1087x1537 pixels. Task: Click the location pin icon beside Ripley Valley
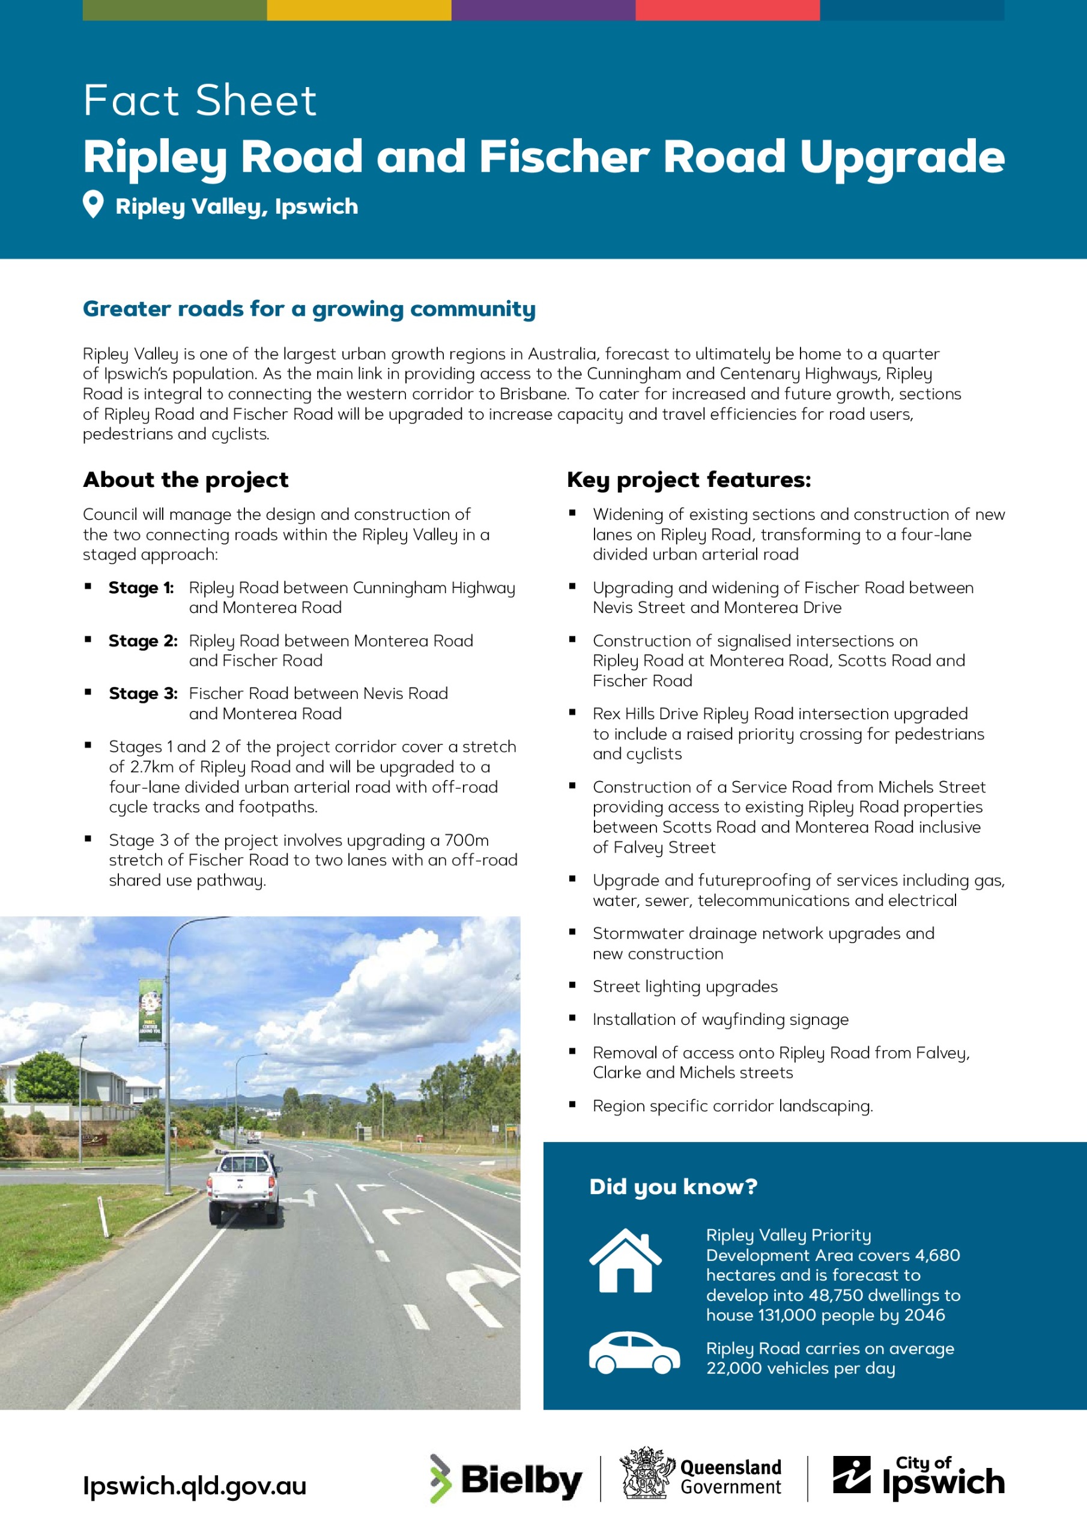point(93,204)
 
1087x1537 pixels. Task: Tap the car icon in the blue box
point(634,1353)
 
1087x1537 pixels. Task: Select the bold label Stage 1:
point(141,588)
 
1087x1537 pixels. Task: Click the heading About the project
point(186,480)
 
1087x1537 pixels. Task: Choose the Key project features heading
point(688,480)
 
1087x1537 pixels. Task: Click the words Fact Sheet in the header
point(199,100)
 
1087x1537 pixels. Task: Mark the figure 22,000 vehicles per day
point(801,1368)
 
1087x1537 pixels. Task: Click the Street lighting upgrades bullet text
point(685,986)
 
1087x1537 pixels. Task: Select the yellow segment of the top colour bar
point(359,10)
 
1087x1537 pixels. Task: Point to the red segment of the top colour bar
point(727,10)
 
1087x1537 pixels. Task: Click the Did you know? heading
point(673,1186)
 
